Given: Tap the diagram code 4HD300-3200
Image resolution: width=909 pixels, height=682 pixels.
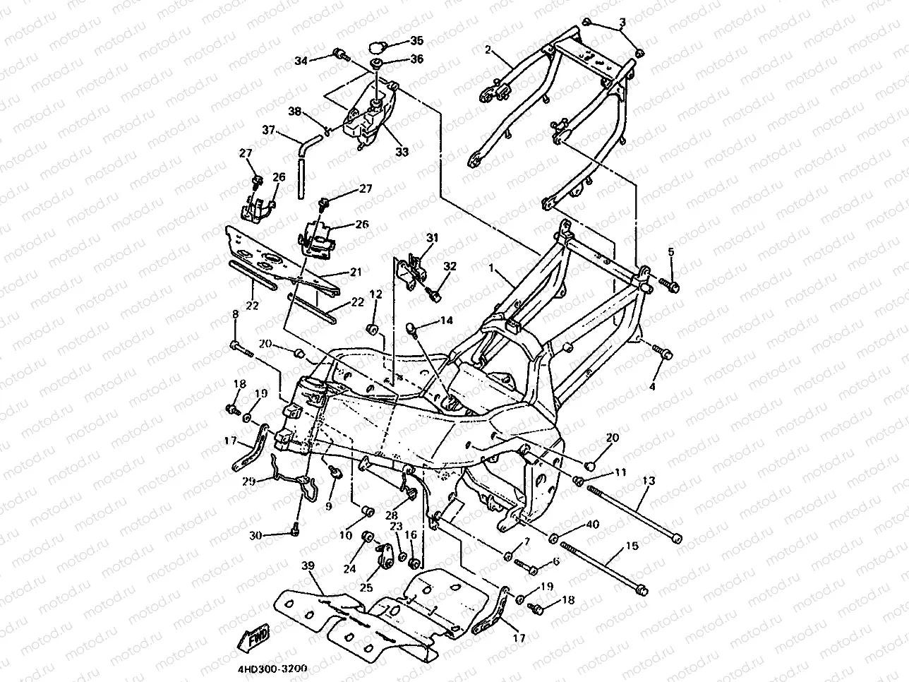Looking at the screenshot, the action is coord(272,669).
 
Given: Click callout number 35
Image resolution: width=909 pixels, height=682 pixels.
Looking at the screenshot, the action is coord(416,40).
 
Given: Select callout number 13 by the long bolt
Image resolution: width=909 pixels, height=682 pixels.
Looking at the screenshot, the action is coord(649,481).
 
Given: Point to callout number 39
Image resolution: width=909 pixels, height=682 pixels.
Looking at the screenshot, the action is coord(308,566).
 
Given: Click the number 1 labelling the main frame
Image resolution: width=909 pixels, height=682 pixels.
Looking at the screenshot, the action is coord(491,268).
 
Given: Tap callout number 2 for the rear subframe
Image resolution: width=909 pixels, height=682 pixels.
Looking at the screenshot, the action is coord(488,50).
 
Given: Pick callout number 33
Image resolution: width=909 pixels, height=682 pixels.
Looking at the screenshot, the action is coord(402,152).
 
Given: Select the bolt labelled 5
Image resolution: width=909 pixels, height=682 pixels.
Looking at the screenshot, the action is coord(667,285).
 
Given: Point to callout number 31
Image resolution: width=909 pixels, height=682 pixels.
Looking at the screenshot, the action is coord(432,238).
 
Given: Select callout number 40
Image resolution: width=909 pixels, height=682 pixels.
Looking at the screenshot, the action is coord(593,525).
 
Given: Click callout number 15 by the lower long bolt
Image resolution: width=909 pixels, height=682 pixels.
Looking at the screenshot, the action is coord(632,546).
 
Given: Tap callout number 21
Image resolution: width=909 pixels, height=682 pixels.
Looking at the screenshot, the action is coord(356,272).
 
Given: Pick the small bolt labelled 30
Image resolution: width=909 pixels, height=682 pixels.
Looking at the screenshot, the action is coord(295,529).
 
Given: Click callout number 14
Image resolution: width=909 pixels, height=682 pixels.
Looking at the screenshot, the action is coord(446,320).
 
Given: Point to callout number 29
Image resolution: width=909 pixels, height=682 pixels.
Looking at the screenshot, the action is coord(248,481).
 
